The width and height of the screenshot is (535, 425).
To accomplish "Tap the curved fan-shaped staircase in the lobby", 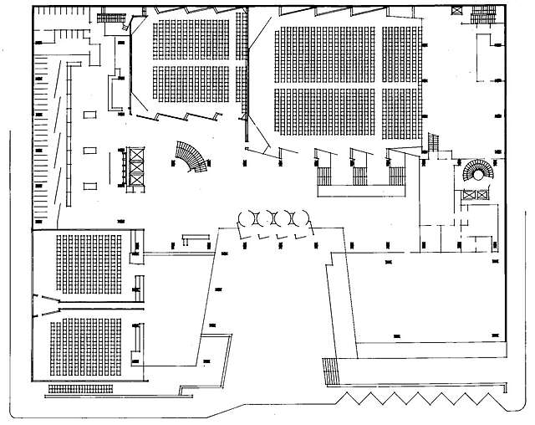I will point(190,158).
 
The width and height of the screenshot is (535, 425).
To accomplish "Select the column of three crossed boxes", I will point(135,167).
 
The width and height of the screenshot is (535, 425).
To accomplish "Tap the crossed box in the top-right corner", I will point(456,8).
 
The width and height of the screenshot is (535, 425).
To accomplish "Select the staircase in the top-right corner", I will point(485,13).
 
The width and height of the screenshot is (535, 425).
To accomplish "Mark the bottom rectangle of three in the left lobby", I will point(89,186).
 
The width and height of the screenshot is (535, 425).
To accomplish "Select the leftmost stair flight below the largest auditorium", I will point(324,177).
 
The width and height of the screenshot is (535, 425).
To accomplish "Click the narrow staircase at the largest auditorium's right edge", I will point(434,142).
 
